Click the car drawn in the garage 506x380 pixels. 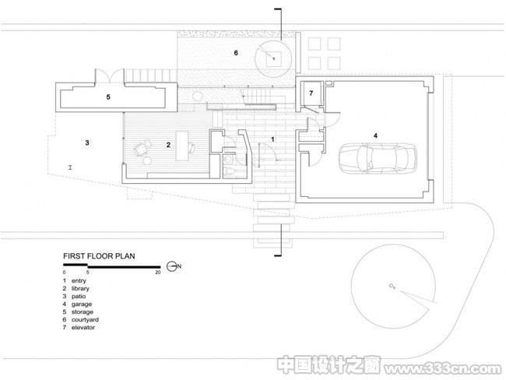click(378, 159)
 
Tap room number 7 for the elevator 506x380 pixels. click(311, 93)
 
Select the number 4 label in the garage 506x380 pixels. click(375, 135)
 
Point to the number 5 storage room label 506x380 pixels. click(108, 97)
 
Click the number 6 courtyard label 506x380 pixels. click(236, 53)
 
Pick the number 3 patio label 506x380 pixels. click(87, 142)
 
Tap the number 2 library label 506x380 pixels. click(168, 145)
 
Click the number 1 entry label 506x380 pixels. click(272, 139)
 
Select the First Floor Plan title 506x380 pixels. click(99, 256)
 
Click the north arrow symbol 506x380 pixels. click(172, 266)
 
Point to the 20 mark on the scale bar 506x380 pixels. click(158, 273)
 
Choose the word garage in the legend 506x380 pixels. click(82, 304)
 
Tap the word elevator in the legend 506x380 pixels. click(83, 327)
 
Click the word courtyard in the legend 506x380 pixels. click(85, 319)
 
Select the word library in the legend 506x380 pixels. click(80, 289)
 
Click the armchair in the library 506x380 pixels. click(142, 149)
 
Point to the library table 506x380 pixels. click(181, 146)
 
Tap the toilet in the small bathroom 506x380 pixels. click(229, 172)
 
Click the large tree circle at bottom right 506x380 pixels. click(392, 287)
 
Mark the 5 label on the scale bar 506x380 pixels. click(87, 273)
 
